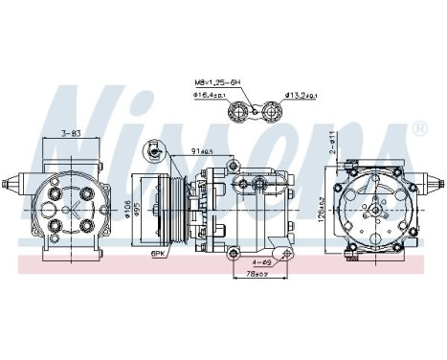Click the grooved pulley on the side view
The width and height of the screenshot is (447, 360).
[159, 207]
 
